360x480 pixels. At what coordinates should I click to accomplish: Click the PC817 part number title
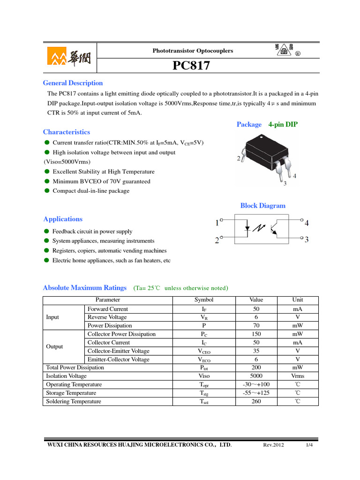[191, 67]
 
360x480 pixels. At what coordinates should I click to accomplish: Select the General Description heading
[73, 83]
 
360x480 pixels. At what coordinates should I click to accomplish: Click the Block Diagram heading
[262, 206]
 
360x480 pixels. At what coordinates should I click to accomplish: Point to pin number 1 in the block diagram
[217, 224]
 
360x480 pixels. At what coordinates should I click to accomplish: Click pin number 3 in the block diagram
[307, 240]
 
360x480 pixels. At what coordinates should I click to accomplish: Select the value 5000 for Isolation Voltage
[256, 376]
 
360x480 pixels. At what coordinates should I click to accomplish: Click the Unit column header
[298, 300]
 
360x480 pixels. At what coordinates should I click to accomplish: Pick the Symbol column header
[204, 300]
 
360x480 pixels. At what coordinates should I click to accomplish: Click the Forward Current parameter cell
[107, 309]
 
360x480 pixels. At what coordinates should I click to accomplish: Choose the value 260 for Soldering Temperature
[256, 402]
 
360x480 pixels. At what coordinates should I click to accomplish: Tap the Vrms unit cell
[298, 376]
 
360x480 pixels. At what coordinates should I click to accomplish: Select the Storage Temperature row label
[71, 393]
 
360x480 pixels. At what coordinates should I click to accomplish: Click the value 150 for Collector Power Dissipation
[256, 334]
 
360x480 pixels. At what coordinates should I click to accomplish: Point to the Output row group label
[54, 347]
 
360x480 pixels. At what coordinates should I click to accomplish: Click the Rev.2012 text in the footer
[274, 445]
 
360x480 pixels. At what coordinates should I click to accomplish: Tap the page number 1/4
[309, 445]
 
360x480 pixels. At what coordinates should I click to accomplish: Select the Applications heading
[63, 219]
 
